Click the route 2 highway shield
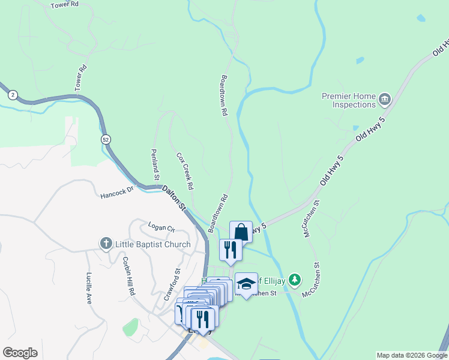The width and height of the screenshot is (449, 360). (x=13, y=94)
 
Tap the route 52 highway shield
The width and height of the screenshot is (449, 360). (x=106, y=139)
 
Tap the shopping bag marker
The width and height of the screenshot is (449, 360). (x=241, y=232)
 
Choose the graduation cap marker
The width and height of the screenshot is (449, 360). (x=246, y=284)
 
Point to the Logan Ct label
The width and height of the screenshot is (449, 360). (x=161, y=227)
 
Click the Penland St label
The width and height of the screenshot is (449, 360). (x=155, y=164)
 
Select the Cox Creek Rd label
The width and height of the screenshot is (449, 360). (x=185, y=171)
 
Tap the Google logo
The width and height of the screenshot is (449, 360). (x=20, y=353)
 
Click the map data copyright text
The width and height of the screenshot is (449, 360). (x=412, y=355)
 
